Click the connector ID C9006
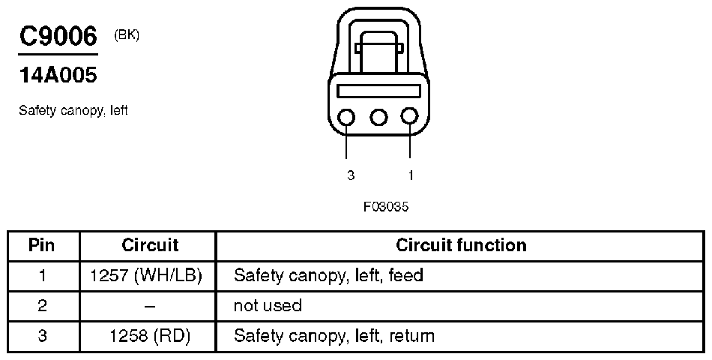(58, 37)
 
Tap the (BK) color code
(127, 34)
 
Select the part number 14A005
(58, 75)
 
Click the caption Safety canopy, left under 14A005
(73, 110)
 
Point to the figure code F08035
(386, 206)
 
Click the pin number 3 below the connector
(350, 175)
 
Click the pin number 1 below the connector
(411, 175)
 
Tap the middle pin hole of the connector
(379, 117)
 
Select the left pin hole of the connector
(349, 117)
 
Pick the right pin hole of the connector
(409, 117)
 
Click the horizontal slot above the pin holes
(378, 91)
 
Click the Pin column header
(43, 245)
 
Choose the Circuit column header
(150, 245)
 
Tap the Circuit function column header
(461, 245)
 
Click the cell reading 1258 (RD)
(150, 336)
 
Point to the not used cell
(268, 306)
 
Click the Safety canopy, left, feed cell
(328, 275)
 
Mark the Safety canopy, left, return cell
(334, 336)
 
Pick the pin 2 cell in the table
(43, 306)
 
